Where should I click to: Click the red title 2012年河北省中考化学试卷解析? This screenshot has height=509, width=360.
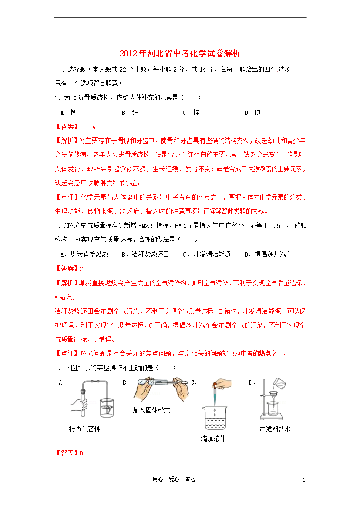[x=180, y=54]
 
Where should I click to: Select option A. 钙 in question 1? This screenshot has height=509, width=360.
[x=69, y=113]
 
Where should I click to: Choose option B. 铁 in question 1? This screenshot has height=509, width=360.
[x=130, y=113]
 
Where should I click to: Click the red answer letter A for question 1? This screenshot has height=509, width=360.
[x=94, y=127]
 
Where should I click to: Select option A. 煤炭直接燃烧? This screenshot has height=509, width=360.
[x=84, y=254]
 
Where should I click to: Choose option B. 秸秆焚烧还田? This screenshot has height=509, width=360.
[x=145, y=254]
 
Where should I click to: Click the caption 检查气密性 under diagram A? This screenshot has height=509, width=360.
[x=84, y=429]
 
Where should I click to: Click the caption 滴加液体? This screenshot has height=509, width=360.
[x=213, y=439]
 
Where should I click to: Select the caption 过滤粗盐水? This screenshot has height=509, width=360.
[x=275, y=429]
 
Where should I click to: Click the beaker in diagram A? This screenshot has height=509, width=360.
[x=107, y=409]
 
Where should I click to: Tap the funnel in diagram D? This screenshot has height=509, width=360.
[x=274, y=397]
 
